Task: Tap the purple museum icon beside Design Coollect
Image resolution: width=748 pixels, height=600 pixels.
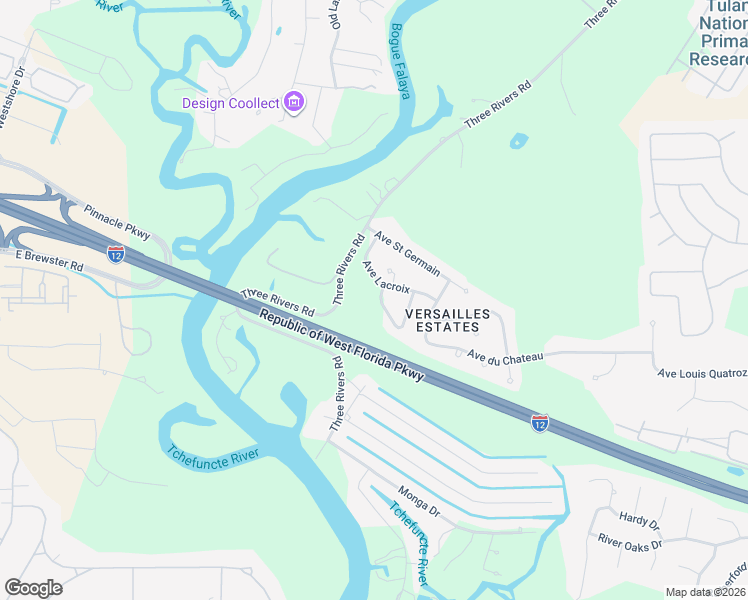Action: coord(294,102)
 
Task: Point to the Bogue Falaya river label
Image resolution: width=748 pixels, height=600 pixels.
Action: coord(400,62)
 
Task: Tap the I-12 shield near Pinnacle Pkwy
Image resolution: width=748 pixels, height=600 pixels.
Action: coord(116,254)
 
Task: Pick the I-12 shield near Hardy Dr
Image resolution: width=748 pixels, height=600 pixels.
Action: coord(539,423)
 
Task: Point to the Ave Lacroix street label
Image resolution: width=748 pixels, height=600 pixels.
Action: coord(386,278)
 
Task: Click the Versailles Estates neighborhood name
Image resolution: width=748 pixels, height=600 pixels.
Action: coord(448,320)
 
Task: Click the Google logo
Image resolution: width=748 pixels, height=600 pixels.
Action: coord(33,588)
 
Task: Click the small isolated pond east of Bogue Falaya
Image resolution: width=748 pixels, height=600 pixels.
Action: coord(518,141)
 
